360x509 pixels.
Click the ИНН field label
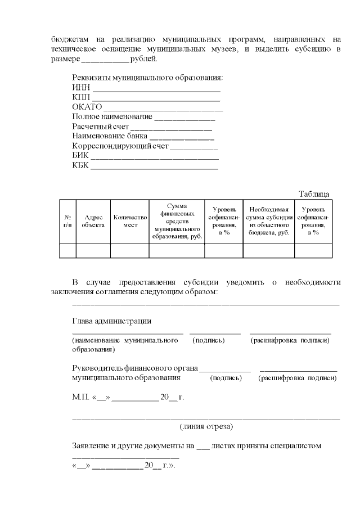81,87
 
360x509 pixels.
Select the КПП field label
81,97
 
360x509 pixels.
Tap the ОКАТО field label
87,107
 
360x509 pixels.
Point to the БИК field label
81,155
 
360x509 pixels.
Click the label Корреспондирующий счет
120,146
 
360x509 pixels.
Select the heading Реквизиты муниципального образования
147,78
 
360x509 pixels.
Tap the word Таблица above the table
314,194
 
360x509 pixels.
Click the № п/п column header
67,221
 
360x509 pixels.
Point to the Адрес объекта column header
93,221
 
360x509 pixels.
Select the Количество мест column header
130,221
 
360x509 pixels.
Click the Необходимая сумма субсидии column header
268,221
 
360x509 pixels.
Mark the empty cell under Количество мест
130,250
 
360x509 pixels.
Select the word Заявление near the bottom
92,446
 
